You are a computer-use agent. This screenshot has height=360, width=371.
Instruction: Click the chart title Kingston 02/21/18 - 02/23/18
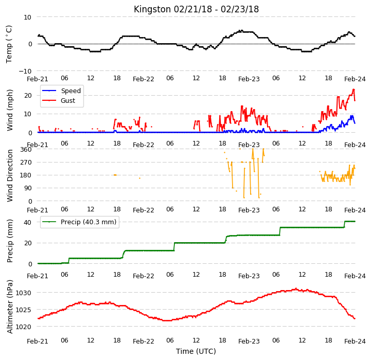tap(196, 9)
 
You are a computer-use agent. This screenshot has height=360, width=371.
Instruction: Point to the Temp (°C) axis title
tap(9, 44)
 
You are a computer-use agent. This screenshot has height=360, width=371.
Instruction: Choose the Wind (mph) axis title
tap(9, 110)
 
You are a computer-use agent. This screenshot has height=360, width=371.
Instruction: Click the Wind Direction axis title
tap(9, 176)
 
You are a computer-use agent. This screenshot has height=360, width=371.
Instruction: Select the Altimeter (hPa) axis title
tap(9, 307)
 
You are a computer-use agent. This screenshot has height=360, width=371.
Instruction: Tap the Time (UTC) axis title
tap(196, 351)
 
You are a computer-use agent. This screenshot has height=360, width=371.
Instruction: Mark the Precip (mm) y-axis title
tap(9, 241)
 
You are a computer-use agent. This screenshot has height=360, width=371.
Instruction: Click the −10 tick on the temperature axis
tap(25, 71)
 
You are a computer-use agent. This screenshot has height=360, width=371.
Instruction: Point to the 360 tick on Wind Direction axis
tap(26, 150)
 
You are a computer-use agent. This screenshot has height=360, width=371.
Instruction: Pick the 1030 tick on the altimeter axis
tap(24, 293)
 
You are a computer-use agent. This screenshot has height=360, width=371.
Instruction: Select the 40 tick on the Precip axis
tap(27, 222)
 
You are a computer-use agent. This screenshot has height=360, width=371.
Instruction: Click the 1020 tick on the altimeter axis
tap(24, 327)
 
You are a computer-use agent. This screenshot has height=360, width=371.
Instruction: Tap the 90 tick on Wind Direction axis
tap(28, 188)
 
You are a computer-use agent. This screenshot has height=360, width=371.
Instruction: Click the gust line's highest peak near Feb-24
tap(354, 89)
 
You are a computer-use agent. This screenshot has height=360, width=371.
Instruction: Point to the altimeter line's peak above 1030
tap(296, 289)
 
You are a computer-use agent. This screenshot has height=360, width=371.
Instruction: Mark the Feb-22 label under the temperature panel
tap(144, 79)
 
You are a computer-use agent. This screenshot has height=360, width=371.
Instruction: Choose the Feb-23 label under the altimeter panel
tap(249, 341)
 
